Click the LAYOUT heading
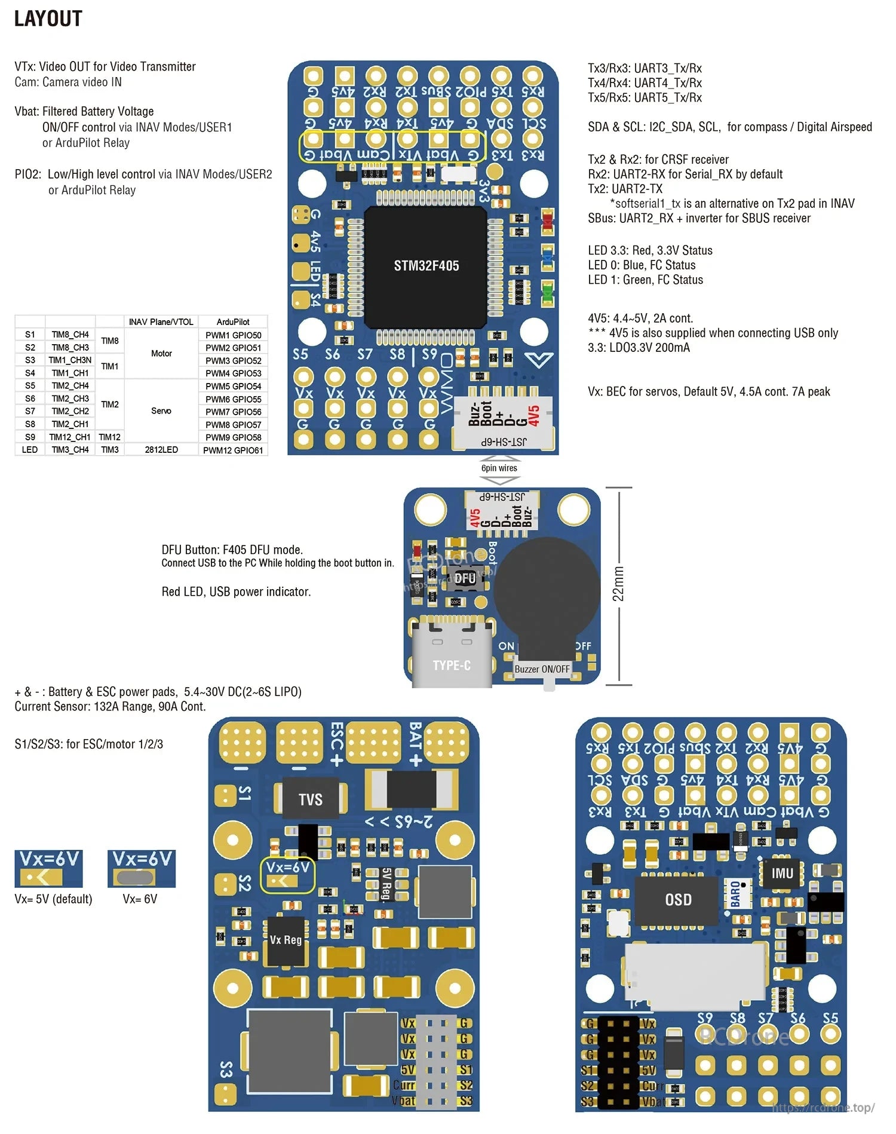tap(48, 19)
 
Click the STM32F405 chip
tap(426, 266)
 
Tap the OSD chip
tap(678, 900)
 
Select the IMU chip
tap(782, 874)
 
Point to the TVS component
tap(310, 799)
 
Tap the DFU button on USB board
tap(464, 578)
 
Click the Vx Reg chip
tap(286, 940)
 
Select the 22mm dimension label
tap(618, 584)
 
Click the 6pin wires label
tap(499, 468)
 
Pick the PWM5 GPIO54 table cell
tap(233, 386)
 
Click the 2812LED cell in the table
tap(161, 449)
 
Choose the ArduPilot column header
tap(233, 321)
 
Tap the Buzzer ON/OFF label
tap(542, 669)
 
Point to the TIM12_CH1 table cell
tap(70, 437)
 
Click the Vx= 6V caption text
tap(140, 899)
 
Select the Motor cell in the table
tap(161, 353)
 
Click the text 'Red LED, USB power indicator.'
tap(236, 591)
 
